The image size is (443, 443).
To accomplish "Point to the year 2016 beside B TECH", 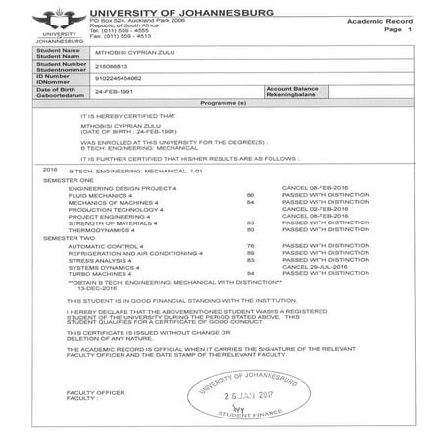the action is [x=51, y=170].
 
